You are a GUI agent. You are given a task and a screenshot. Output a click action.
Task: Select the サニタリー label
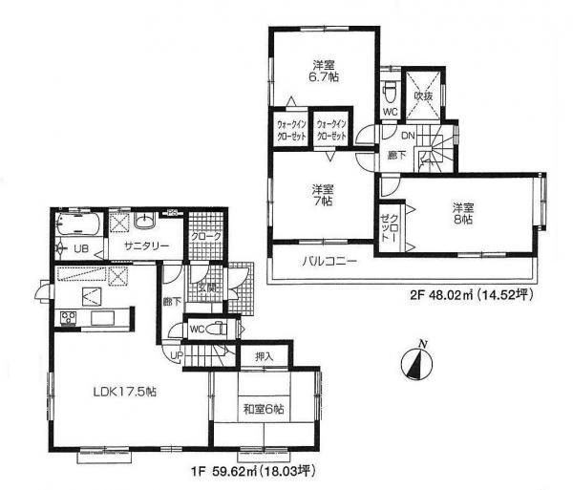point(147,246)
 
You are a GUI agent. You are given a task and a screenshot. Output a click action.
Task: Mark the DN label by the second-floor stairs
point(406,136)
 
